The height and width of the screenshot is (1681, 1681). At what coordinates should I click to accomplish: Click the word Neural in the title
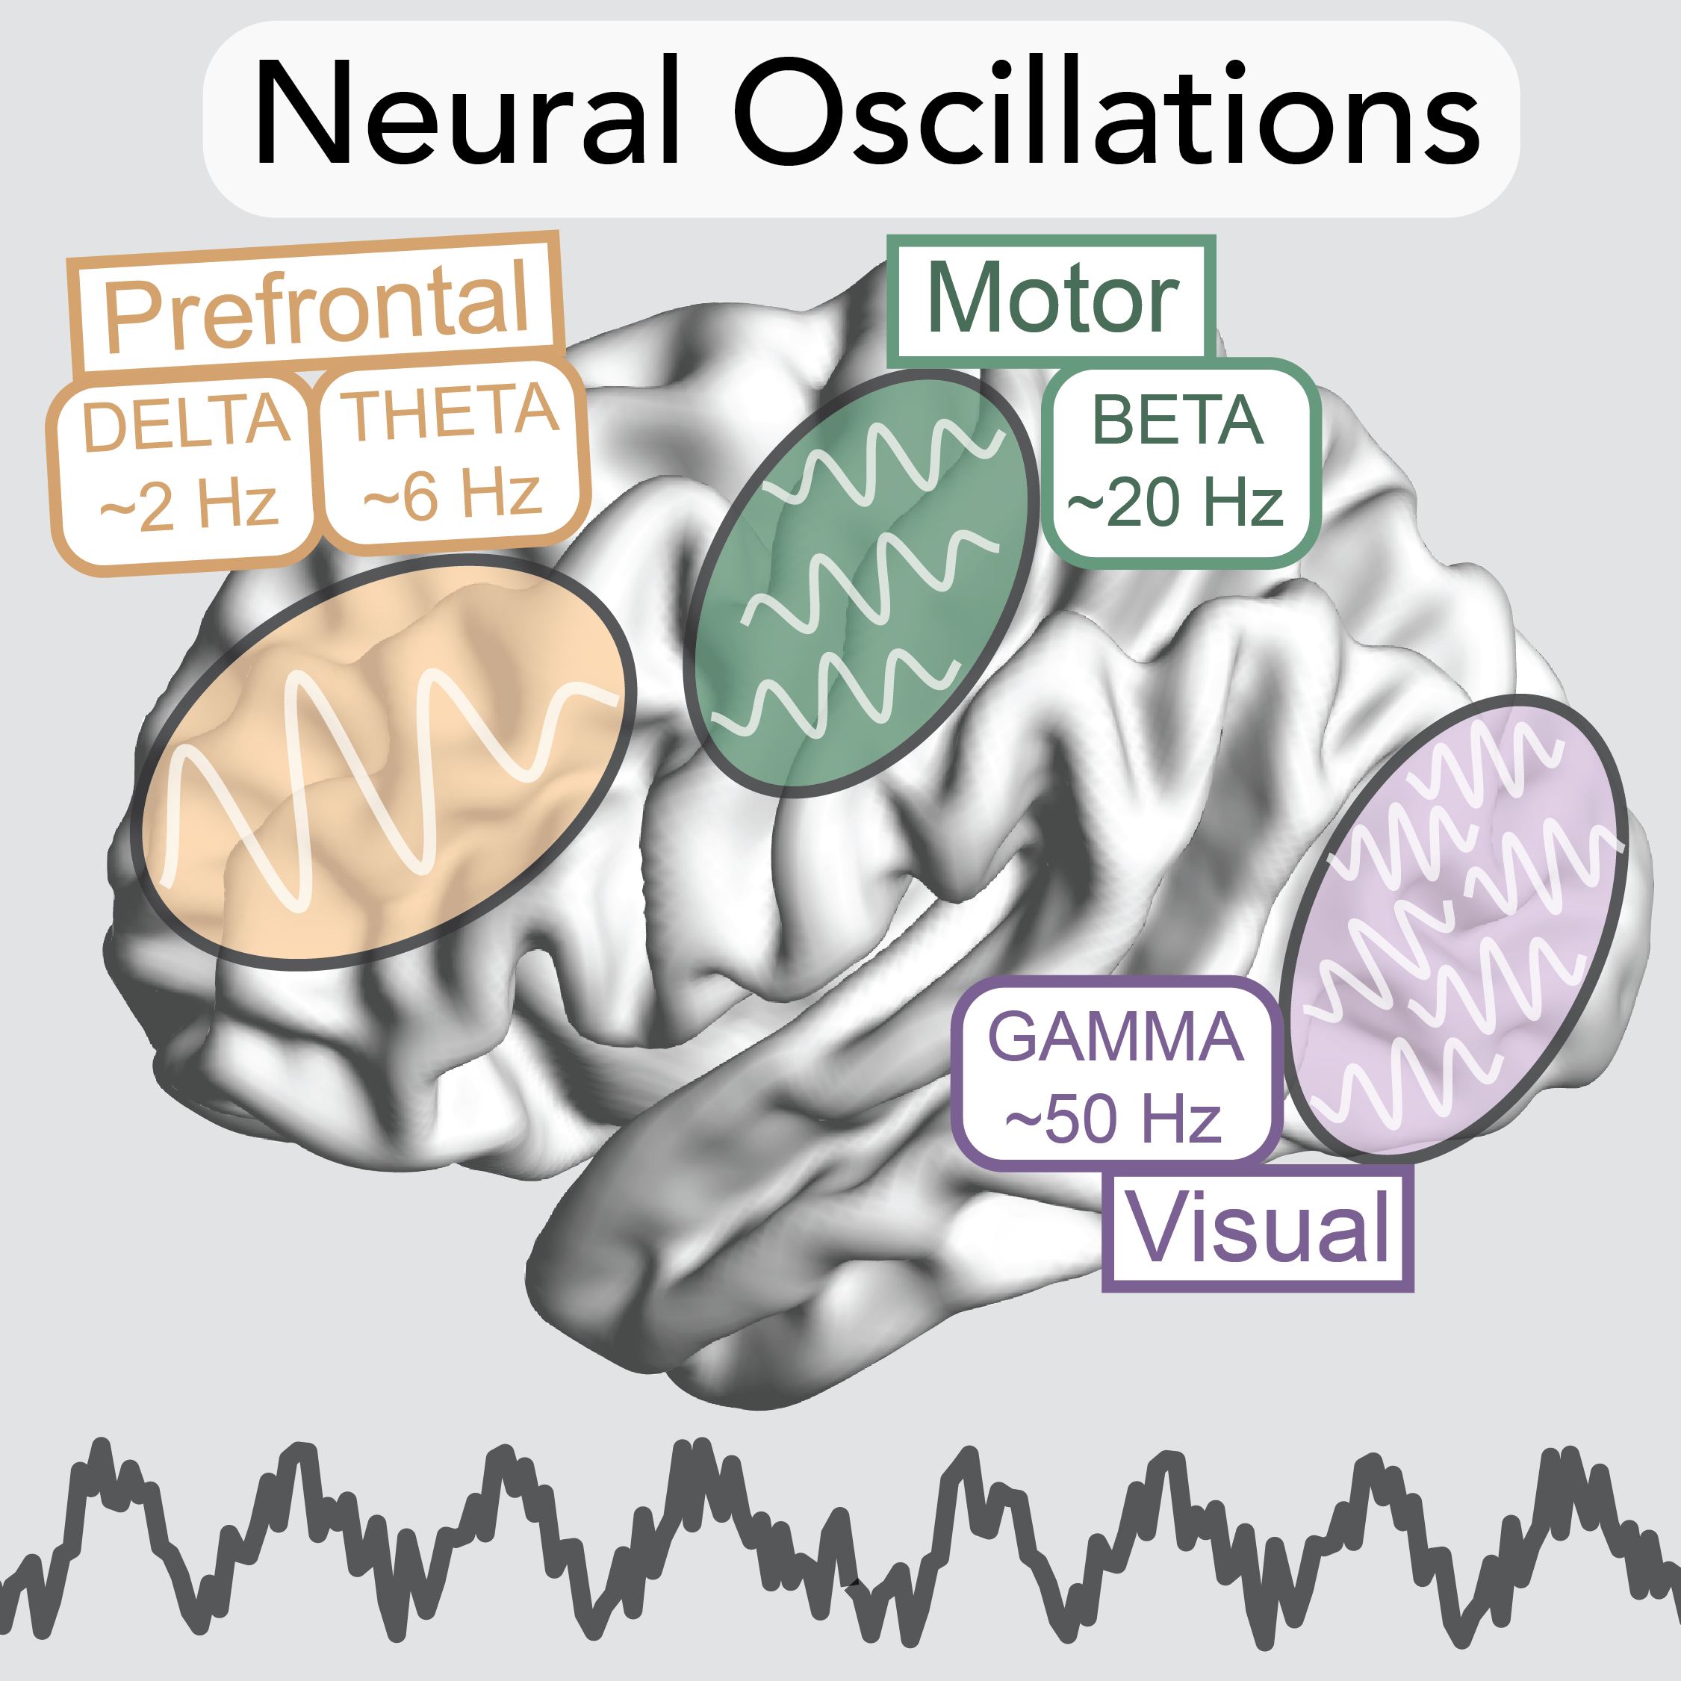pos(465,113)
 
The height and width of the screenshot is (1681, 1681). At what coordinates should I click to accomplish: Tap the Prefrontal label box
pos(316,305)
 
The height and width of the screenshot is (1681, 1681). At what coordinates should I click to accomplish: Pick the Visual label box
pos(1258,1228)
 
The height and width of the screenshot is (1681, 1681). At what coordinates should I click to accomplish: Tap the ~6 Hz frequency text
pos(452,494)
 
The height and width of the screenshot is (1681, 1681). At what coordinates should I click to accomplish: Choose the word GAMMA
pos(1116,1037)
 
